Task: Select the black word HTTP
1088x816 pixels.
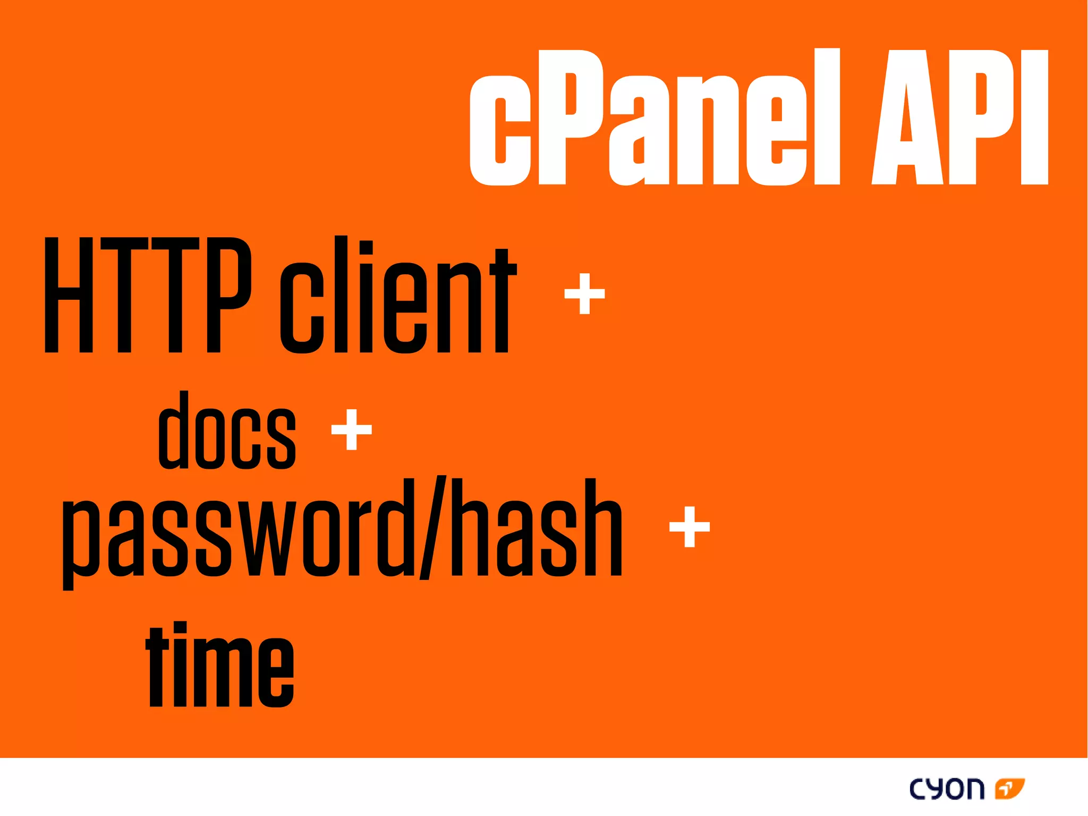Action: pos(147,295)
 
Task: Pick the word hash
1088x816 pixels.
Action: pos(537,529)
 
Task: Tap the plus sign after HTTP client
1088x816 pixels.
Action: pos(584,293)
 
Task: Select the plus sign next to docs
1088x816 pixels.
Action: pos(351,429)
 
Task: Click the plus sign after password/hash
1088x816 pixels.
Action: pos(689,526)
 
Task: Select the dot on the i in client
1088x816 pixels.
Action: pos(366,249)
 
